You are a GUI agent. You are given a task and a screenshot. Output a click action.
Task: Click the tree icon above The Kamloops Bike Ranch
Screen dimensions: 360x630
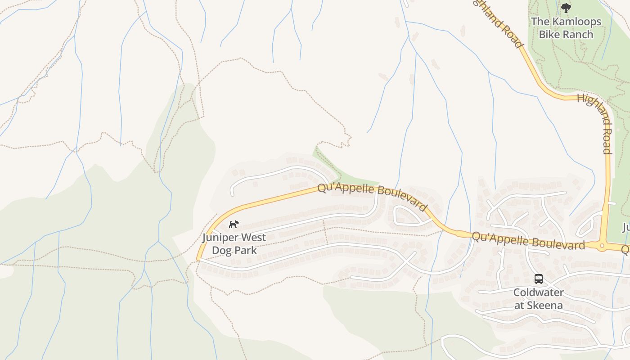point(566,8)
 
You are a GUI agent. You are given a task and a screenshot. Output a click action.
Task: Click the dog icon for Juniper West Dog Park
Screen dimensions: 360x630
point(233,224)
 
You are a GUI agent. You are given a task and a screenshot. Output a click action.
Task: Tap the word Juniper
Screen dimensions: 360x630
point(223,238)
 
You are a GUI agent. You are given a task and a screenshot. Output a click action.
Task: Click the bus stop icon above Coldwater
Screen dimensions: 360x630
point(538,279)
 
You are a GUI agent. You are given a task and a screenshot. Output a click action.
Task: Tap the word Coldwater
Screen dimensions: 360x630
point(538,292)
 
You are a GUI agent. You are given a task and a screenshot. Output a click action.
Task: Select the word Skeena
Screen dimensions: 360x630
point(545,305)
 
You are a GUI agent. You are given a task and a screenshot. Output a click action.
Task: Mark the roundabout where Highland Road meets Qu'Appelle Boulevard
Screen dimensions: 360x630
point(602,246)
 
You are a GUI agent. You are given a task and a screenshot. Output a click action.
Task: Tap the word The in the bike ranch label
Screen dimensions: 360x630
point(540,22)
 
